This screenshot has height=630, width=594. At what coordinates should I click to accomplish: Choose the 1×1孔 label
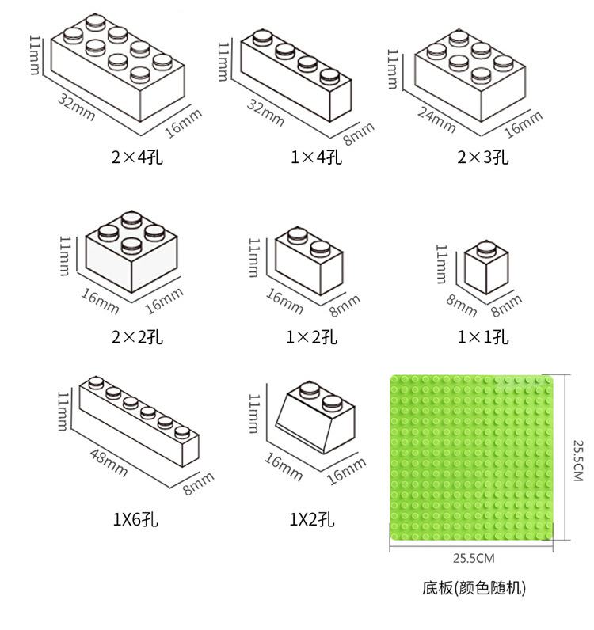pyautogui.click(x=483, y=338)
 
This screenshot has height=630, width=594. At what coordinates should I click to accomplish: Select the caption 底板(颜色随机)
pyautogui.click(x=474, y=587)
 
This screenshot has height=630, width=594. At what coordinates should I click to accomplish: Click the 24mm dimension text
pyautogui.click(x=436, y=116)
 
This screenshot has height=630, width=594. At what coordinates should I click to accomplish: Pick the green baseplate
pyautogui.click(x=474, y=457)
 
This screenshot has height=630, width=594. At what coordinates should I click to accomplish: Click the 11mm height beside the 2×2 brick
pyautogui.click(x=67, y=254)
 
